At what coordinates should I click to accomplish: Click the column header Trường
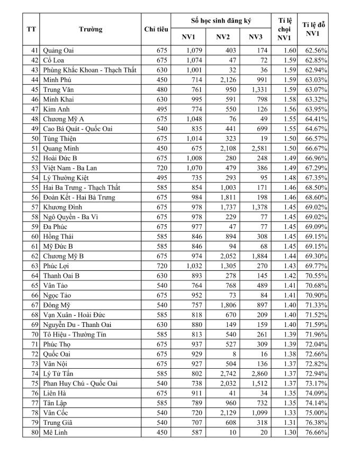91,29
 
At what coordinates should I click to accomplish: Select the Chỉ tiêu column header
156,29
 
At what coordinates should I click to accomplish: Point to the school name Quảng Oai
59,50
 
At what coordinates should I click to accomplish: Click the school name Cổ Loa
54,60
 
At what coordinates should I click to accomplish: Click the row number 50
31,139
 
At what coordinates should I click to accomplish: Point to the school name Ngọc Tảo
57,295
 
